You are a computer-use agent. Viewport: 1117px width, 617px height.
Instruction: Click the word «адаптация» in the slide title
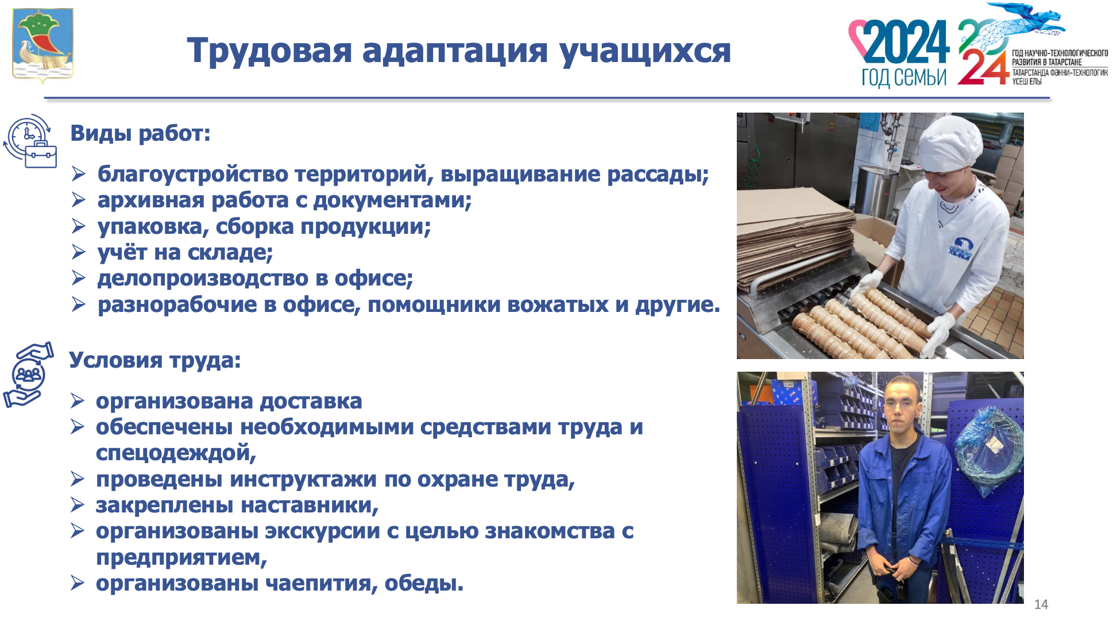[x=455, y=50]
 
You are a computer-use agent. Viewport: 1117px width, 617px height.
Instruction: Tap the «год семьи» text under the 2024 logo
[x=903, y=76]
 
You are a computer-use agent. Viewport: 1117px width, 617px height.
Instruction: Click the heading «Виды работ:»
[x=140, y=133]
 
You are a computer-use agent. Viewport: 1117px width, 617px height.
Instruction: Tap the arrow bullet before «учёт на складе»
[x=79, y=252]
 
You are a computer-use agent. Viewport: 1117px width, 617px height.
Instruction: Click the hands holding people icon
[x=28, y=375]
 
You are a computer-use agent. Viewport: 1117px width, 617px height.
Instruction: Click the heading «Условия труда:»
[x=155, y=360]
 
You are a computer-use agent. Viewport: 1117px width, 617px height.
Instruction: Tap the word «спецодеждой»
[x=176, y=453]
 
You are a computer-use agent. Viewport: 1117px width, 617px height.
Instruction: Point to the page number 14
[x=1041, y=604]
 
